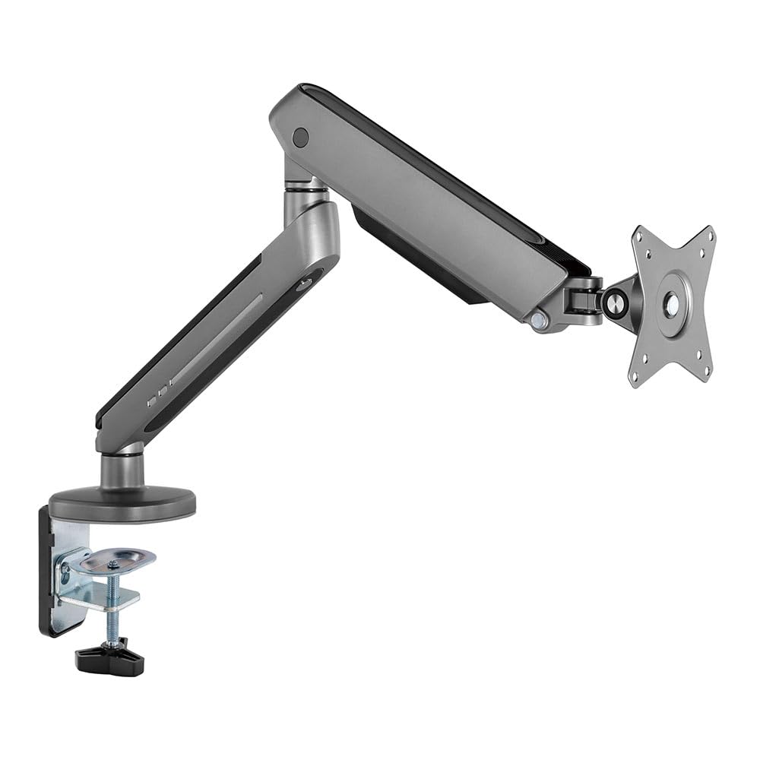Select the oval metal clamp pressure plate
click(x=117, y=561)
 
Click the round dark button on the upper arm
click(x=301, y=138)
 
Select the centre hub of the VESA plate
click(x=673, y=305)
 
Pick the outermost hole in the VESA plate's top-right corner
click(x=710, y=235)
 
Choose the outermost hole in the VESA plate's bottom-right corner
click(x=706, y=372)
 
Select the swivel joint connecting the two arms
click(x=304, y=190)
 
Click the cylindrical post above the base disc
click(x=122, y=470)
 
